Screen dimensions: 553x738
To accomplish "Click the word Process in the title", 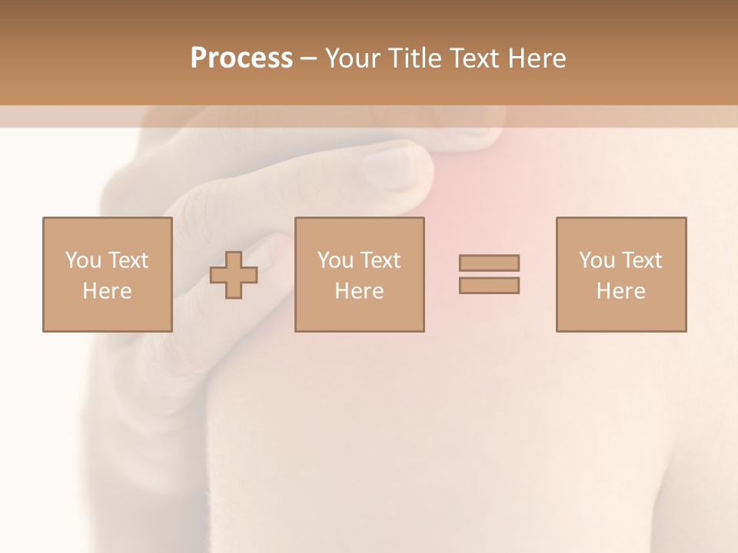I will [241, 58].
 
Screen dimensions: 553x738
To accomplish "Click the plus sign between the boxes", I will [234, 275].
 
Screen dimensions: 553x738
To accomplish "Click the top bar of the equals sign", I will [489, 263].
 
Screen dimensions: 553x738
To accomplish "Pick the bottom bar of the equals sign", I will [489, 285].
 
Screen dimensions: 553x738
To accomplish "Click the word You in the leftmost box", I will [83, 260].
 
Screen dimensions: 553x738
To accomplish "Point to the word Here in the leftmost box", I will [107, 291].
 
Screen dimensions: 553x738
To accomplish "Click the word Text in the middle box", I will [380, 260].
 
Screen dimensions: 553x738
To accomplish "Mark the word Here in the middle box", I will [359, 291].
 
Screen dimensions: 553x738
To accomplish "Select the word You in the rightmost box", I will [597, 260].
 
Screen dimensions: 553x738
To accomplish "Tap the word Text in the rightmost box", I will [641, 260].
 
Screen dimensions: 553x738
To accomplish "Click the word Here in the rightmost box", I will [621, 291].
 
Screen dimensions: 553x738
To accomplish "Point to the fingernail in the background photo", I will [386, 167].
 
